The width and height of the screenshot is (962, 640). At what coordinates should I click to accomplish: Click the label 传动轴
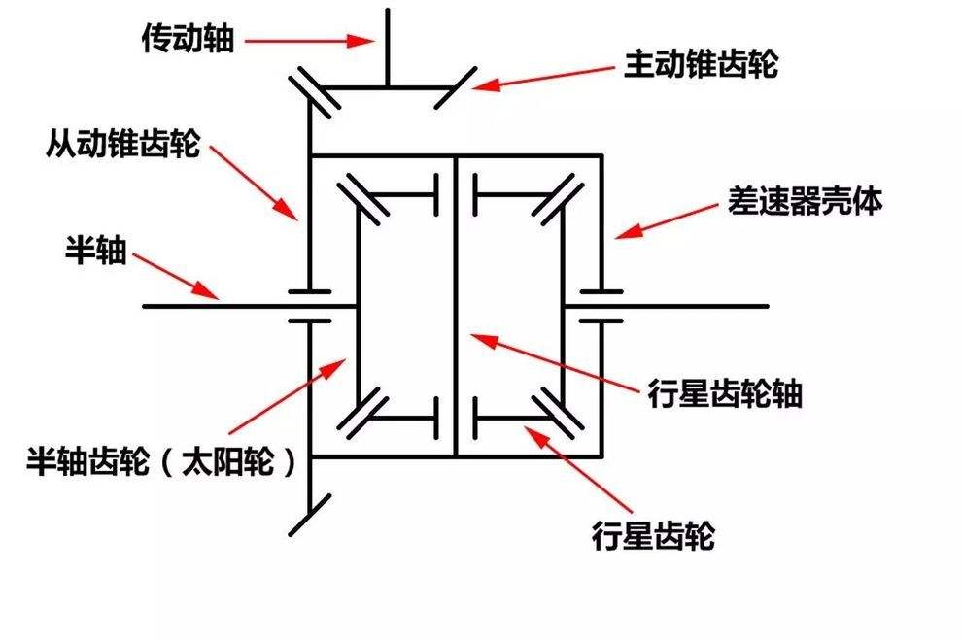pos(188,39)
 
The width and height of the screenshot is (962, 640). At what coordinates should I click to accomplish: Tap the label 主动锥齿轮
pos(702,64)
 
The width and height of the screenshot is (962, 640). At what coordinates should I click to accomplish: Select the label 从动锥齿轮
pos(122,144)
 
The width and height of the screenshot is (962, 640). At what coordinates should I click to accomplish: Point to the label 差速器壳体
pos(805,200)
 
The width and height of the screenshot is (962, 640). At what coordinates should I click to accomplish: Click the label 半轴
pos(96,251)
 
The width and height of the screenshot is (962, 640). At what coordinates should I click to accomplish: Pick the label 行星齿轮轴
pos(725,393)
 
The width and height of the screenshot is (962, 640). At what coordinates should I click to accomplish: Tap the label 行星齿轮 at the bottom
pos(653,535)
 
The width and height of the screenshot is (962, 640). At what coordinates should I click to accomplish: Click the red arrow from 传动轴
pos(310,41)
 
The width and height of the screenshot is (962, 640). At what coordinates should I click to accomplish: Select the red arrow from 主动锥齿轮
pos(543,78)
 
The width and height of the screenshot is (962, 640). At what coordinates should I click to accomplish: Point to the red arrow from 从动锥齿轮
pos(254,182)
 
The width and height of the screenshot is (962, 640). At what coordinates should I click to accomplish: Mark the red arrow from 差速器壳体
pos(666,221)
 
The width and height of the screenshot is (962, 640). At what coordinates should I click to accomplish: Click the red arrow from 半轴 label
pos(176,276)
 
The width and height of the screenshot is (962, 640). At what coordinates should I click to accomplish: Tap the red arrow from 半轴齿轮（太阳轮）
pos(287,396)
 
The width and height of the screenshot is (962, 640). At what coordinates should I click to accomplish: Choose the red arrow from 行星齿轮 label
pos(578,468)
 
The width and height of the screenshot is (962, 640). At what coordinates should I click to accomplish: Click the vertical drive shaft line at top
pos(388,48)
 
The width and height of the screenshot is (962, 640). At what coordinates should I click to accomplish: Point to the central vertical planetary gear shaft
pos(456,306)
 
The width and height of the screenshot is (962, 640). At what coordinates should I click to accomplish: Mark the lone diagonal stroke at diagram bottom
pos(310,515)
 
